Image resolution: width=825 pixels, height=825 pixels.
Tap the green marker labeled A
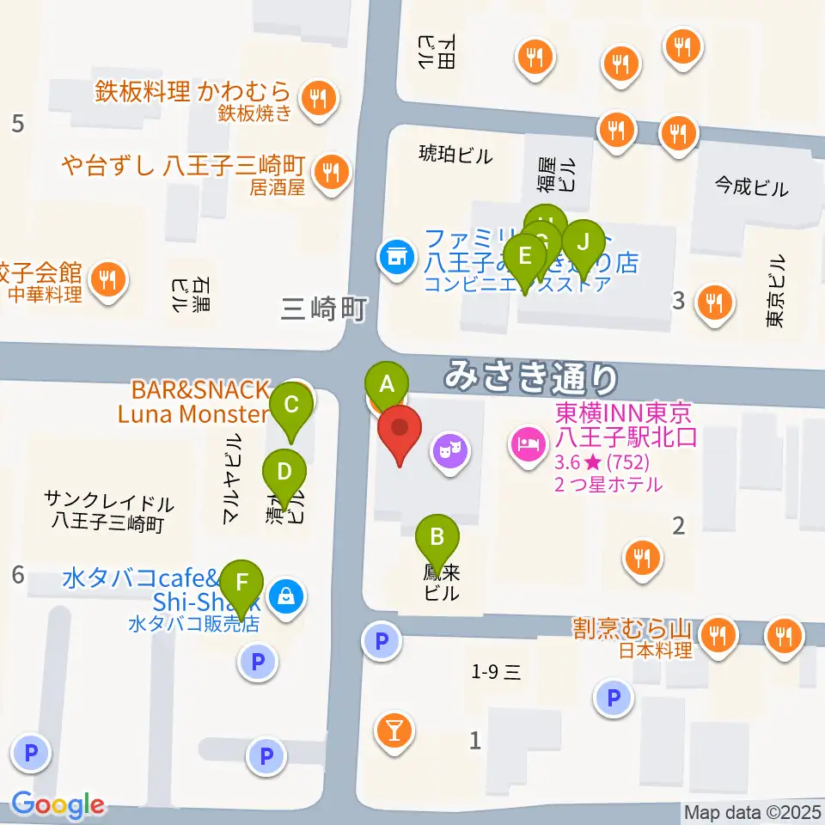[387, 385]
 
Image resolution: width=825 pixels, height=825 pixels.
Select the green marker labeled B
[437, 540]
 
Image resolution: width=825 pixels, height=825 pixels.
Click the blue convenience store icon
[395, 255]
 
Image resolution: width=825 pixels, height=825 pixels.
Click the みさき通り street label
[532, 376]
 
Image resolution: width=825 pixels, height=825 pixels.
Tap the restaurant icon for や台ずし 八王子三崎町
[330, 169]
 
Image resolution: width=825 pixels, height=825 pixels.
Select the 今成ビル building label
[751, 186]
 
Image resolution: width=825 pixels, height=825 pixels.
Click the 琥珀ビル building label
[455, 156]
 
